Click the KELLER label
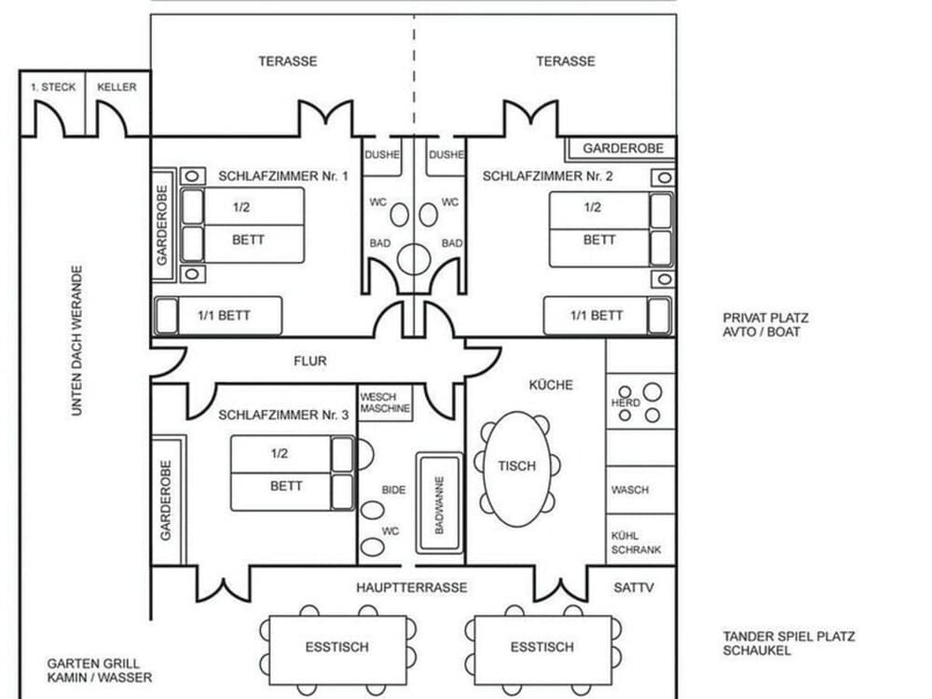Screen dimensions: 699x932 [x=116, y=88]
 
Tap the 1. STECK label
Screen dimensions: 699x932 [x=53, y=88]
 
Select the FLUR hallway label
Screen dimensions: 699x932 [x=309, y=361]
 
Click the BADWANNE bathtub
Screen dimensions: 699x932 [x=439, y=505]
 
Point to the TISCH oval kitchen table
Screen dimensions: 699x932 [x=516, y=466]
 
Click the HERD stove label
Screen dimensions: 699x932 [x=625, y=403]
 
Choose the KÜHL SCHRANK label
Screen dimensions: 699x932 [x=636, y=542]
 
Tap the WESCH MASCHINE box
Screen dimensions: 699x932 [x=385, y=403]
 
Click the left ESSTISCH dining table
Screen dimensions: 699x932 [x=336, y=647]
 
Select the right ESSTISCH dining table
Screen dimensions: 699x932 [x=542, y=647]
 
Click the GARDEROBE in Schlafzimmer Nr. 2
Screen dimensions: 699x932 [x=623, y=149]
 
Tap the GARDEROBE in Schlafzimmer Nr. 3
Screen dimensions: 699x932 [x=166, y=500]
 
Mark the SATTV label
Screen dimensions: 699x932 [x=635, y=588]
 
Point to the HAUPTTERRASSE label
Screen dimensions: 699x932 [x=411, y=588]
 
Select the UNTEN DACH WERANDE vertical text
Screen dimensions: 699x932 [x=77, y=340]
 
